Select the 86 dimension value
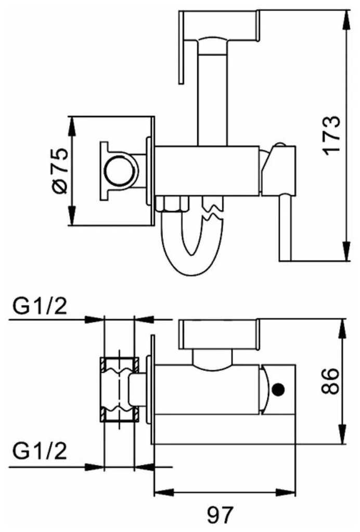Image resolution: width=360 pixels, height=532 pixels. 330,381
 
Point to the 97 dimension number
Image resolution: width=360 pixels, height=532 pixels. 221,514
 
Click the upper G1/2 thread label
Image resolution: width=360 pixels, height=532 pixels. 40,306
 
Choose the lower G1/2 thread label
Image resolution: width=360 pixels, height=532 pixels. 40,451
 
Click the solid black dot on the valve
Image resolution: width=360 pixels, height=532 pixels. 279,389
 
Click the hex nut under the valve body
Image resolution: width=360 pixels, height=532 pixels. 172,204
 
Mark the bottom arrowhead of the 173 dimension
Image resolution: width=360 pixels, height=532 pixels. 346,251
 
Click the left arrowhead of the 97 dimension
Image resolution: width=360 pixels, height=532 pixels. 164,492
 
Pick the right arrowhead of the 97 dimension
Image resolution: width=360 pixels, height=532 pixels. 286,492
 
